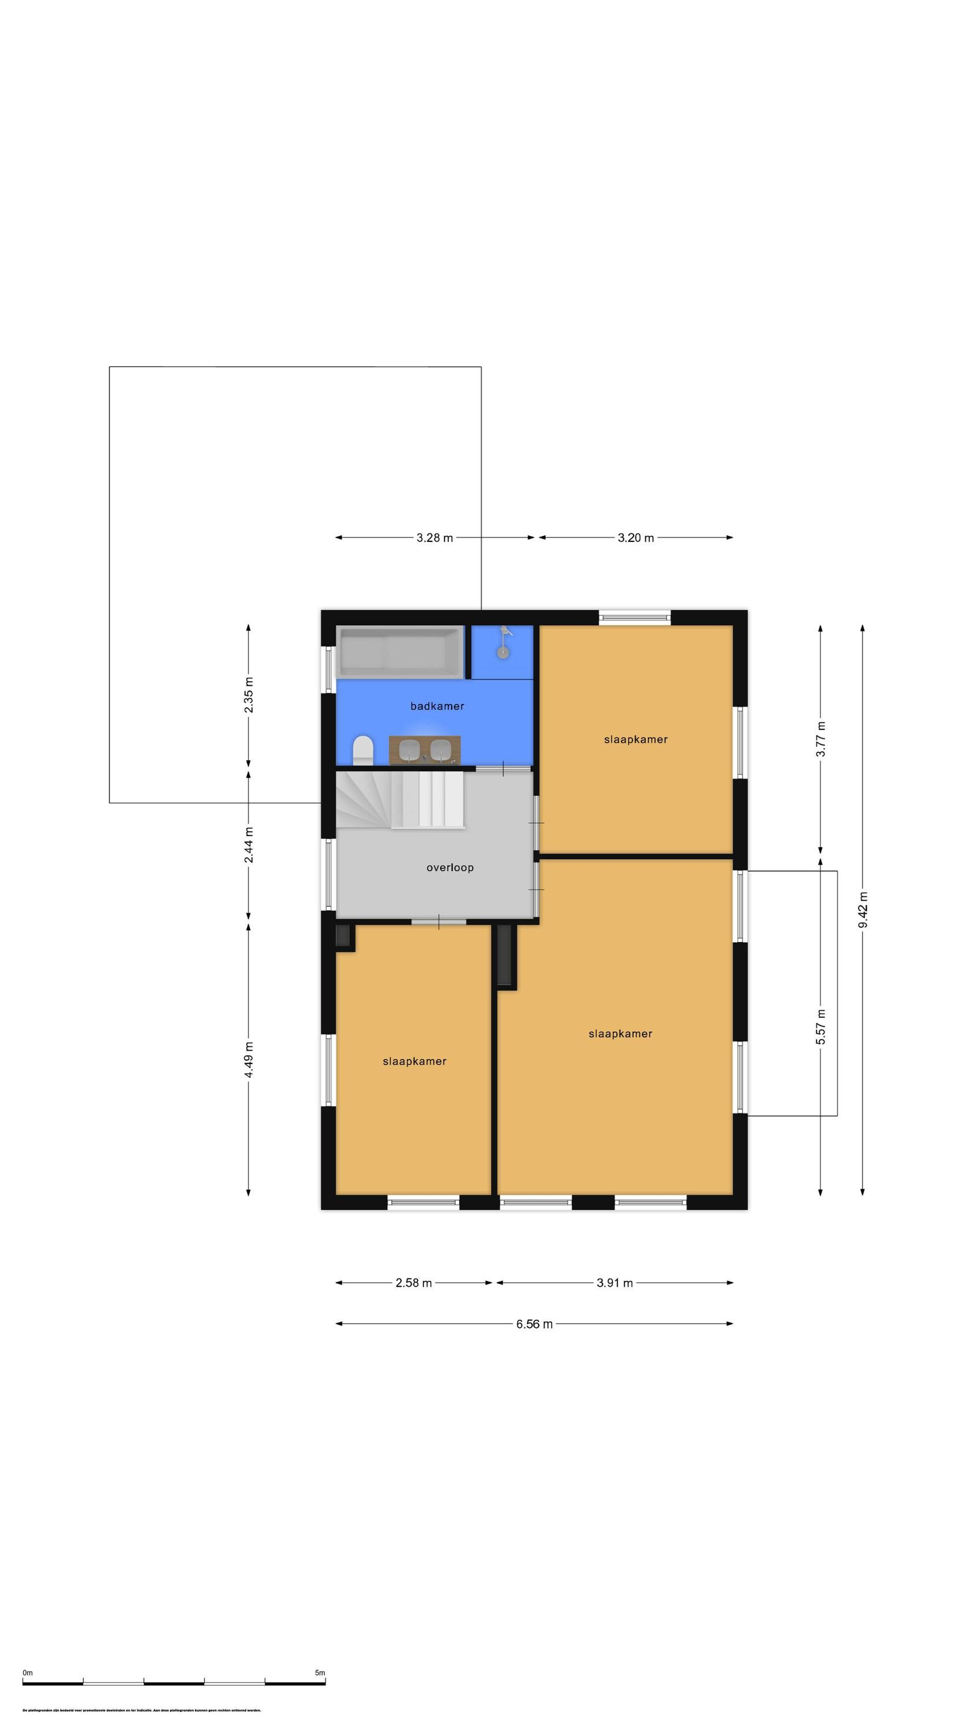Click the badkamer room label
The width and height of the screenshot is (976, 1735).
pos(437,706)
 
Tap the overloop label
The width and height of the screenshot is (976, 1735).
pos(449,867)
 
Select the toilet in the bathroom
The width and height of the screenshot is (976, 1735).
pos(363,750)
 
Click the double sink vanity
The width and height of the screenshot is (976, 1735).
pos(424,750)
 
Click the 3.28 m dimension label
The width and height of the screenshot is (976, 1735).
pos(434,537)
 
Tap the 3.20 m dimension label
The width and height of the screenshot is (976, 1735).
pos(635,537)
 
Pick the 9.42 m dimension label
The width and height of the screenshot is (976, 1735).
pos(863,909)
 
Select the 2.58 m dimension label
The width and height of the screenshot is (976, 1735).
pos(413,1283)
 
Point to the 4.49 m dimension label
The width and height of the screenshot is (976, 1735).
pos(249,1060)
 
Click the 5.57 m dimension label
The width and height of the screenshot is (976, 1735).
pos(820,1027)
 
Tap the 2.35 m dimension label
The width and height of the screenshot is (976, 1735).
pos(249,696)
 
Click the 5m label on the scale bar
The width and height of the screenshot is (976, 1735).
pos(320,1673)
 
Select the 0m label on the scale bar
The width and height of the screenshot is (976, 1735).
pos(28,1673)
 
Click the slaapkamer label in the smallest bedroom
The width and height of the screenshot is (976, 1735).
pos(414,1061)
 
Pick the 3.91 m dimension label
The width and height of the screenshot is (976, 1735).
pos(614,1283)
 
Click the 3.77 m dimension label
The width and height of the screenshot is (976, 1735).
pos(820,739)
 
